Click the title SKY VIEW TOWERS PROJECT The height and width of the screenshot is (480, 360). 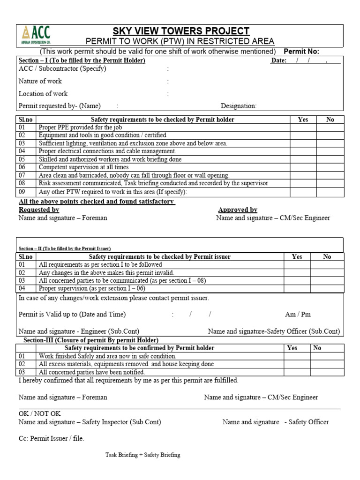pyautogui.click(x=180, y=31)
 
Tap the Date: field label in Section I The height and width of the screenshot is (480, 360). pyautogui.click(x=278, y=60)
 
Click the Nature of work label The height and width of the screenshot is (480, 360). pyautogui.click(x=40, y=81)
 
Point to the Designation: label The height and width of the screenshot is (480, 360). pyautogui.click(x=239, y=106)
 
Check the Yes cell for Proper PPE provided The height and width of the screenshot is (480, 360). pyautogui.click(x=303, y=127)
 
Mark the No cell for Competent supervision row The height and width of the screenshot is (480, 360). pyautogui.click(x=330, y=167)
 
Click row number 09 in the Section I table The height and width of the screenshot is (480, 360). pyautogui.click(x=23, y=192)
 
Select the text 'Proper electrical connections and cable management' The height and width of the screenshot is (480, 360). pyautogui.click(x=107, y=151)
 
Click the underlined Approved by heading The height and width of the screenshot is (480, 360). pyautogui.click(x=238, y=210)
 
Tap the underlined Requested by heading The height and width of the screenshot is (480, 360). pyautogui.click(x=39, y=210)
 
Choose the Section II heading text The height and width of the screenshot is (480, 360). pyautogui.click(x=65, y=248)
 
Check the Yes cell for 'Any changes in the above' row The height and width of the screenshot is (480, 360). pyautogui.click(x=297, y=272)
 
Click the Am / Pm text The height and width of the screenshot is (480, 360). pyautogui.click(x=298, y=314)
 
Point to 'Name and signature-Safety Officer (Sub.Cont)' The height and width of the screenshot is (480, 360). pyautogui.click(x=274, y=331)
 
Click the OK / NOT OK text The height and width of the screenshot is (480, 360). pyautogui.click(x=40, y=414)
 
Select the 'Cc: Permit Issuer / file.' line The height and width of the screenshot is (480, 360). pyautogui.click(x=52, y=439)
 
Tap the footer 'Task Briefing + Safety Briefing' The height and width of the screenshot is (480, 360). pyautogui.click(x=142, y=455)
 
